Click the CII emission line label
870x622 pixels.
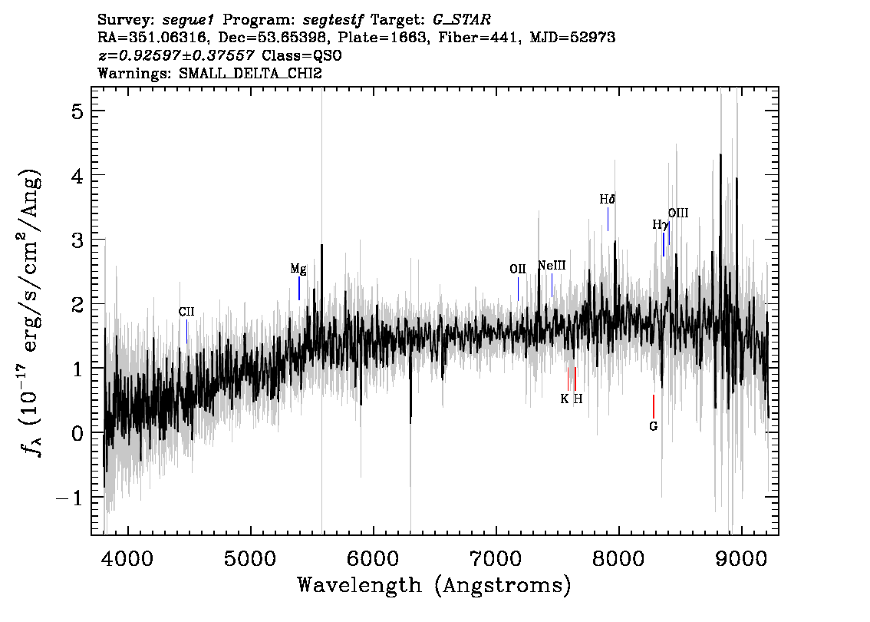pos(186,312)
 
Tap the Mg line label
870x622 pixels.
pos(298,270)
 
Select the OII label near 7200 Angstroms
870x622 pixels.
pos(518,269)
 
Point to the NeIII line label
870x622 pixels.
pos(552,266)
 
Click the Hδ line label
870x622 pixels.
pos(608,199)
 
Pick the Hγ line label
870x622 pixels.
pos(659,225)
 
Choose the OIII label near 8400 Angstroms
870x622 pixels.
pos(678,213)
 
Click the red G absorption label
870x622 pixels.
pos(653,426)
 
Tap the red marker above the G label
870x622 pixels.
pos(654,406)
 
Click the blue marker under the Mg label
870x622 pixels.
pos(299,288)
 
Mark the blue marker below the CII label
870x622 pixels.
pos(187,332)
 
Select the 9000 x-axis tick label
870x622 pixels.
pos(740,559)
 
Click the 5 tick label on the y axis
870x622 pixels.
pos(77,111)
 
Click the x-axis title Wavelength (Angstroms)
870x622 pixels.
pos(434,585)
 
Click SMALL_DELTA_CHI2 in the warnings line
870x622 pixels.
pos(250,73)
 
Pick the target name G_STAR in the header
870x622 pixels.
pos(462,20)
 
